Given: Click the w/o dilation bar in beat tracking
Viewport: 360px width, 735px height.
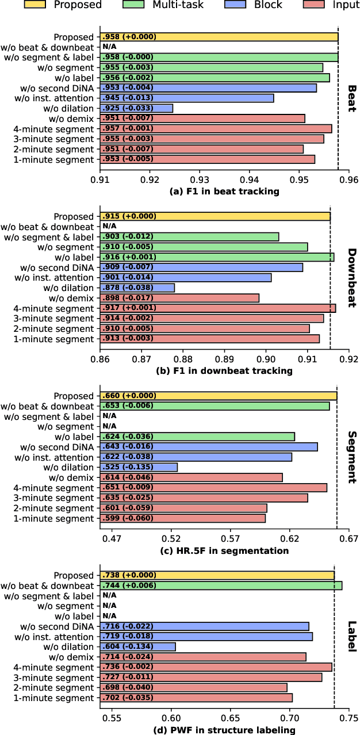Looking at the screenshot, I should pos(136,108).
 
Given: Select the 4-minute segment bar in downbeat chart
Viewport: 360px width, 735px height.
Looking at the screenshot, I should pos(218,308).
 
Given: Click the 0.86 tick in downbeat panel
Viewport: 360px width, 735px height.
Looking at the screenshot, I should pos(100,361).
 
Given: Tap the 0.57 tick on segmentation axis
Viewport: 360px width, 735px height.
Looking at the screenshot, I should pos(230,540).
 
